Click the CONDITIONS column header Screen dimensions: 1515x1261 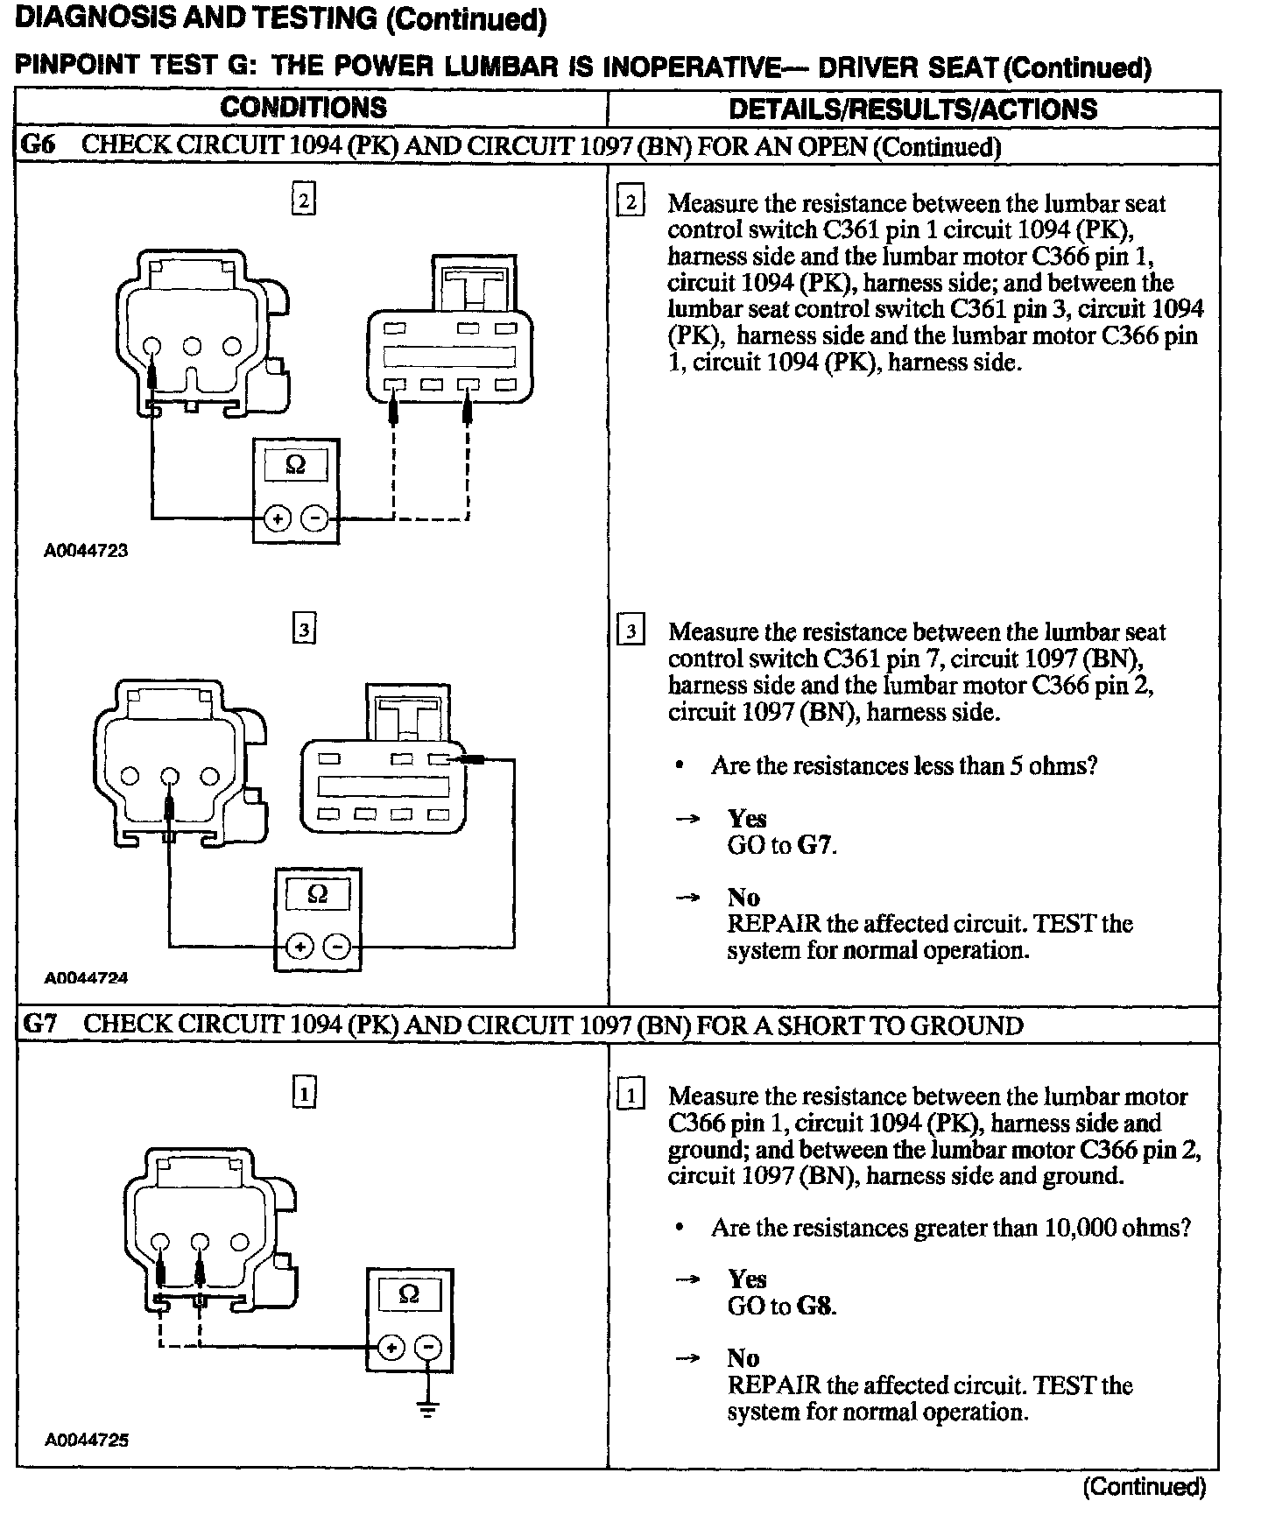[x=303, y=108]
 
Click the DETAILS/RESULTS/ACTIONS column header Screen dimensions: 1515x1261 [x=912, y=109]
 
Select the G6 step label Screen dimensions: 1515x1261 [x=39, y=145]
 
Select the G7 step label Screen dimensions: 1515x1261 [x=39, y=1024]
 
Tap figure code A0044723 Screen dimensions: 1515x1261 [x=87, y=551]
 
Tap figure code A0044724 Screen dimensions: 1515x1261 [x=87, y=978]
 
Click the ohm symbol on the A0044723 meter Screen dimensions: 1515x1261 [x=296, y=465]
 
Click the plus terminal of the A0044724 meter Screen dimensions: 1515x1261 [x=299, y=946]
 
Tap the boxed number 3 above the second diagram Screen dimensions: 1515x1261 [x=303, y=630]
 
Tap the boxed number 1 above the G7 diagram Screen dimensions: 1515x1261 [x=303, y=1093]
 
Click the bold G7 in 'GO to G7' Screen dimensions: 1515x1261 [x=815, y=845]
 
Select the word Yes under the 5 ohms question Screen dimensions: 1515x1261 [x=747, y=818]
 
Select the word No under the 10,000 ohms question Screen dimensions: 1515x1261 [x=743, y=1358]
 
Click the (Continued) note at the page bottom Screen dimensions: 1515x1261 [x=1144, y=1486]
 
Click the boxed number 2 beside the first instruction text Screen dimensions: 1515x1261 [x=630, y=203]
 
